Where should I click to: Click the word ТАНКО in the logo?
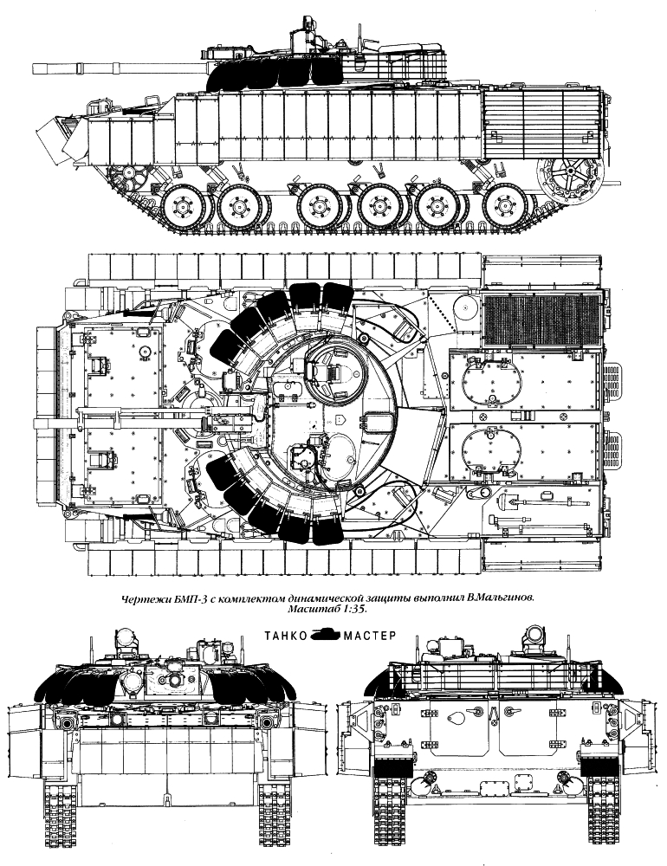(286, 635)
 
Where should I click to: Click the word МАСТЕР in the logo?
(370, 635)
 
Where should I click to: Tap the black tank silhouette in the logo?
(326, 635)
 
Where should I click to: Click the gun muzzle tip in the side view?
(35, 68)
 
